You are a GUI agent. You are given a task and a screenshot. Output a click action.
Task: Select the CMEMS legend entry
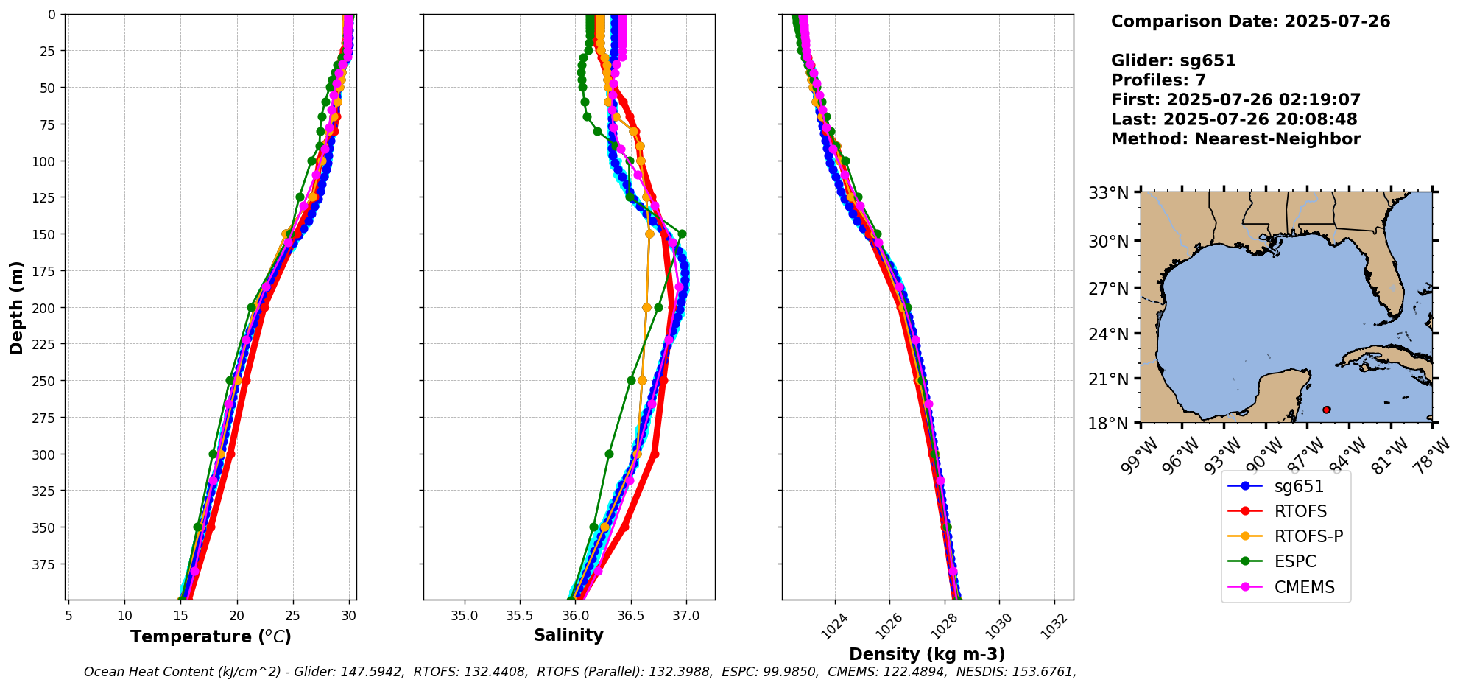pos(1304,587)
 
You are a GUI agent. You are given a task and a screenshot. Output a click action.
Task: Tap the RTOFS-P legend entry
pos(1308,536)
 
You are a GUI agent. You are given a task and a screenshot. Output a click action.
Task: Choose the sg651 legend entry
pos(1299,486)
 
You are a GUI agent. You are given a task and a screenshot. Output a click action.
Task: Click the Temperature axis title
pos(211,636)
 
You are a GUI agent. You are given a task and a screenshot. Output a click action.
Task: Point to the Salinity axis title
pos(568,635)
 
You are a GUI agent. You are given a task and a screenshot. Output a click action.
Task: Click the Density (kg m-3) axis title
pos(926,654)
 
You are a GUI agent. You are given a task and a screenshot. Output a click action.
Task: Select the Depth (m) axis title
pos(16,307)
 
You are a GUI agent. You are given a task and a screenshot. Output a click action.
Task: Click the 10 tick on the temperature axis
pos(124,616)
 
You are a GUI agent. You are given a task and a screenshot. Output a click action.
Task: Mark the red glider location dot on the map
pos(1326,410)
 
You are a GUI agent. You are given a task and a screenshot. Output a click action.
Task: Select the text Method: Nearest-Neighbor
pos(1235,139)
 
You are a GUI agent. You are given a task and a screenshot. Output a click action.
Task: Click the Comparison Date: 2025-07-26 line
pos(1250,21)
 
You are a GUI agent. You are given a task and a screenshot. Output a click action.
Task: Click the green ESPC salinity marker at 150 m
pos(682,234)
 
